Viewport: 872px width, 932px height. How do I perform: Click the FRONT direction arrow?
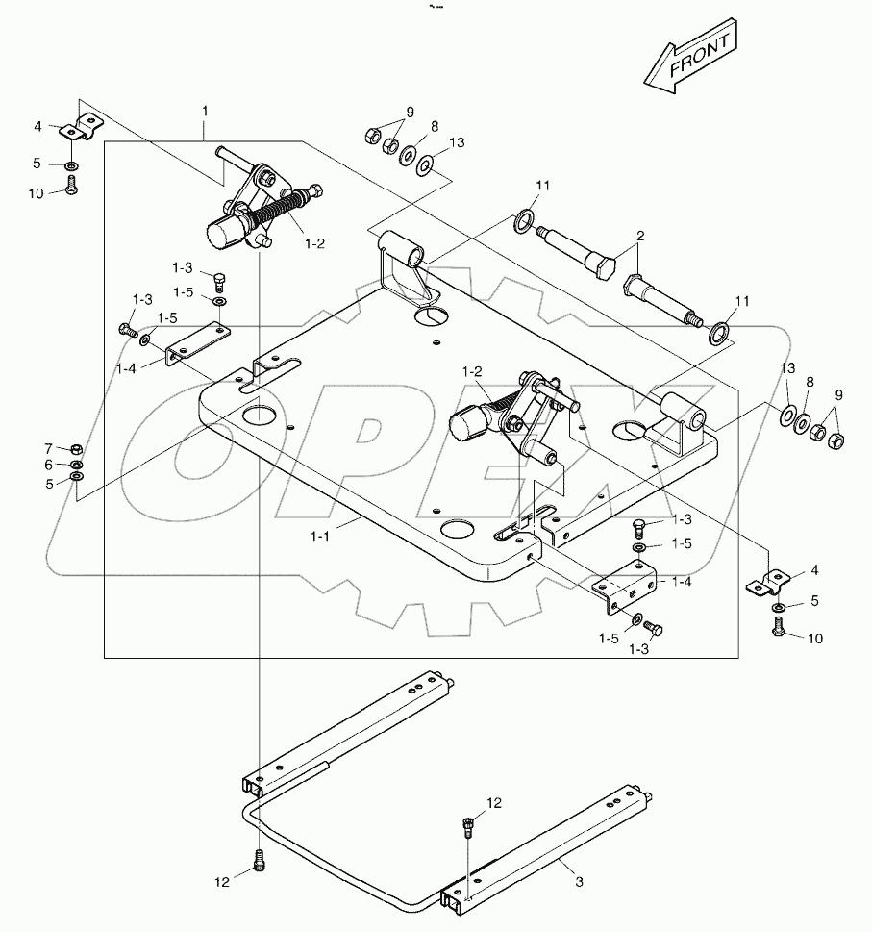[690, 59]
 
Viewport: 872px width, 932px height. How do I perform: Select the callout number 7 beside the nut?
[48, 448]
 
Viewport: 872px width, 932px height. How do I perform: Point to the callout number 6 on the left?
[48, 465]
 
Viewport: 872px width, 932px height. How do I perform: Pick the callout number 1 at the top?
[204, 112]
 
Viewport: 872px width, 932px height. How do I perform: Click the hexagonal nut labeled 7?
[77, 449]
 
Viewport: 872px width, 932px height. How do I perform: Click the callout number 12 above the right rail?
[493, 802]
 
